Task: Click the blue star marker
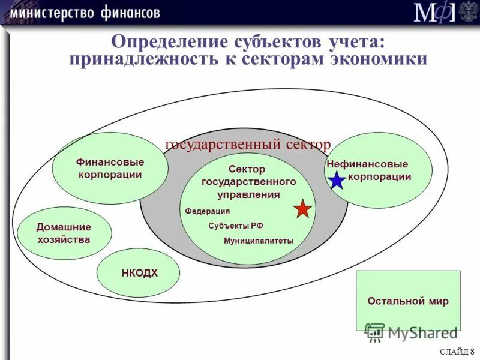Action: tap(338, 179)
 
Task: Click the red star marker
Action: tap(303, 209)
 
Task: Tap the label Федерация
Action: tap(207, 211)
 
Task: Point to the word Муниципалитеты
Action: tap(259, 241)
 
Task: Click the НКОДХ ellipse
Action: tap(139, 273)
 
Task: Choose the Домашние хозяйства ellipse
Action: tap(64, 233)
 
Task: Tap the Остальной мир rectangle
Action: tap(408, 301)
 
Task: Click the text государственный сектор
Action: tap(247, 145)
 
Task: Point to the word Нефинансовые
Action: tap(367, 164)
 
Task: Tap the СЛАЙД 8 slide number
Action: tap(457, 352)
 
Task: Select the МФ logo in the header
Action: tap(434, 12)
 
